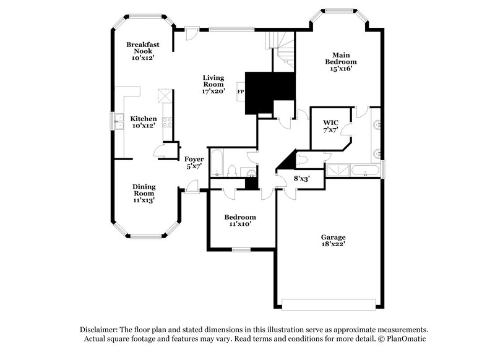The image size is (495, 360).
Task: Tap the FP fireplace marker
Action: click(240, 92)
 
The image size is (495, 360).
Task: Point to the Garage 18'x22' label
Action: click(333, 241)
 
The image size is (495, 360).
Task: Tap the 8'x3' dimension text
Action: click(301, 178)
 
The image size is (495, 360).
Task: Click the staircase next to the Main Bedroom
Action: click(282, 51)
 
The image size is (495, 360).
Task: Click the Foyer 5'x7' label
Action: click(194, 163)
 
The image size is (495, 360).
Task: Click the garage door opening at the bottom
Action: click(329, 303)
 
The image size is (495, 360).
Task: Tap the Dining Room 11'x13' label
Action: click(144, 193)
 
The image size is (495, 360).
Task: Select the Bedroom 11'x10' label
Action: click(239, 221)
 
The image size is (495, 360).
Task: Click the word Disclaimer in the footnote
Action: click(100, 330)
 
